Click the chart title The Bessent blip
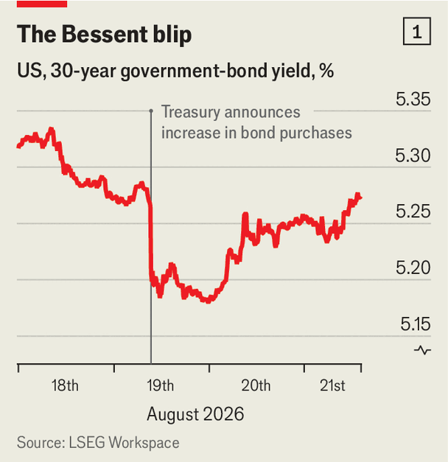[105, 35]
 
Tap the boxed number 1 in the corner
[417, 31]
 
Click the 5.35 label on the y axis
[413, 99]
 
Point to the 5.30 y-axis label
[413, 155]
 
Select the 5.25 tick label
[413, 211]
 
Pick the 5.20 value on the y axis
[413, 267]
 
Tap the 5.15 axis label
[416, 324]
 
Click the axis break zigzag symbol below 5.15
[423, 350]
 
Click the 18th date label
[65, 385]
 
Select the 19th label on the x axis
[161, 385]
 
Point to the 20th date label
[256, 385]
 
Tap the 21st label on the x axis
[332, 385]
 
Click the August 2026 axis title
[195, 414]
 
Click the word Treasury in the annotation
[191, 112]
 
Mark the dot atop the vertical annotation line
[151, 111]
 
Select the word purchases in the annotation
[315, 133]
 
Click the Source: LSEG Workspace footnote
[98, 443]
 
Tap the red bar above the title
[42, 4]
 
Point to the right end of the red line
[361, 197]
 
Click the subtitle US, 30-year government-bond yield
[175, 71]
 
